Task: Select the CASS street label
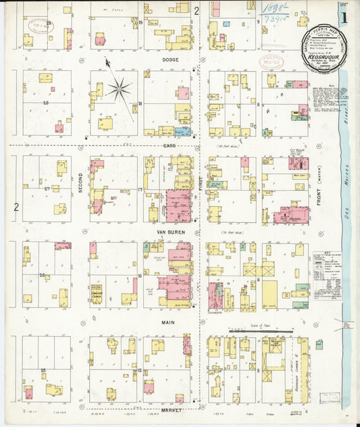169,145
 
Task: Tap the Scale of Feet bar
260,331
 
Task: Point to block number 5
258,370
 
